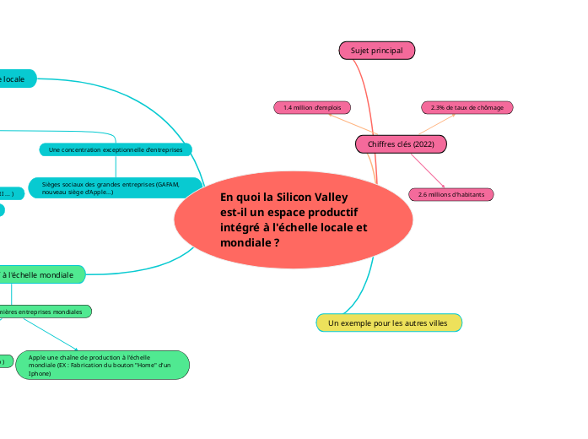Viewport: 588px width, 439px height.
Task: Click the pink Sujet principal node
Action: click(x=377, y=51)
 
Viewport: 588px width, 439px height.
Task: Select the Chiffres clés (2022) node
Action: click(x=401, y=144)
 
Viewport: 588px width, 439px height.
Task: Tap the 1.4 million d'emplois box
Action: click(x=312, y=107)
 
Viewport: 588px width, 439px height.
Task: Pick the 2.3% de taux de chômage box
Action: click(x=467, y=107)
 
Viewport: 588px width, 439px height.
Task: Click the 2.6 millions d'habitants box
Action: click(x=451, y=194)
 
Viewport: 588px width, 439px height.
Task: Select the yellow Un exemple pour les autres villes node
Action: click(x=389, y=323)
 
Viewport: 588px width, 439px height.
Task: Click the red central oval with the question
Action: click(x=294, y=219)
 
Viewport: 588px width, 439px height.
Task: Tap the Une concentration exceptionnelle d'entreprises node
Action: click(x=116, y=149)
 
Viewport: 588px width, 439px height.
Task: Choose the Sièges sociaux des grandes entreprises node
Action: click(x=116, y=187)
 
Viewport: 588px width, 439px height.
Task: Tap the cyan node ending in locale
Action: click(x=17, y=79)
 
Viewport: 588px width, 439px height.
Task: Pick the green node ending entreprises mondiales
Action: click(x=42, y=312)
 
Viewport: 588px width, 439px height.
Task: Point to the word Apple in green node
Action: click(x=38, y=357)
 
